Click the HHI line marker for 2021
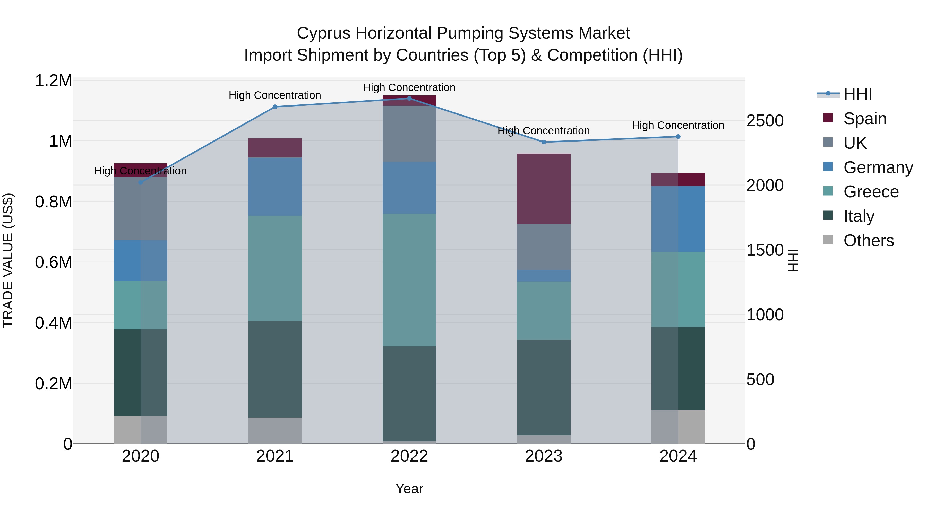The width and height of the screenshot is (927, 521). [x=275, y=107]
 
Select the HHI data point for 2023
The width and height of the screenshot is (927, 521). [x=544, y=142]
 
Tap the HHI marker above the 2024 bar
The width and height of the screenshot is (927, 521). [x=678, y=137]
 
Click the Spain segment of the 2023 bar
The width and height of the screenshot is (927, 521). [x=544, y=189]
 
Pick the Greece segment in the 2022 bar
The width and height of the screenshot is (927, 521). [x=409, y=280]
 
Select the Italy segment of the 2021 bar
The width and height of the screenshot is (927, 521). [x=275, y=369]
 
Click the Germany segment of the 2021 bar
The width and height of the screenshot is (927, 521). [x=275, y=186]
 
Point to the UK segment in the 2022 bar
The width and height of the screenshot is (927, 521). [x=409, y=134]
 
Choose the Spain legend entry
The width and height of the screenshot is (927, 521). [x=865, y=118]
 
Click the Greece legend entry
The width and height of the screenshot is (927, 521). [x=871, y=192]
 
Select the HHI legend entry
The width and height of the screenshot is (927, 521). [x=857, y=94]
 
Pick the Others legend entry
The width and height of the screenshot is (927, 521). [x=868, y=241]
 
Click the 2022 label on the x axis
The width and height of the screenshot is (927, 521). [x=409, y=456]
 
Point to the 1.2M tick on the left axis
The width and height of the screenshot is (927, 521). [x=53, y=81]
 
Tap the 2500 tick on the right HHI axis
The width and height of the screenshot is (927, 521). [x=765, y=121]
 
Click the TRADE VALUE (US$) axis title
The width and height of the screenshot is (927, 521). [x=8, y=260]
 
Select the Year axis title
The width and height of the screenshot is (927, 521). [x=409, y=489]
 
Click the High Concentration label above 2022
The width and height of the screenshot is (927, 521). [x=409, y=87]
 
